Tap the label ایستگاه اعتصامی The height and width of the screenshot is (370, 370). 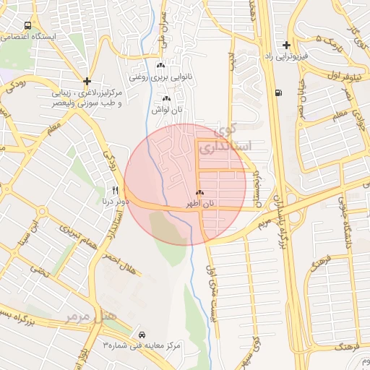point(28,36)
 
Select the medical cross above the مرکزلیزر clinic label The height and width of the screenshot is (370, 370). point(87,82)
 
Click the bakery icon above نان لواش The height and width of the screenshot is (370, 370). point(166,98)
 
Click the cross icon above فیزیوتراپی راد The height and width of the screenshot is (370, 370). point(287,45)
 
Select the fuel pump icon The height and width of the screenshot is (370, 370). point(278,92)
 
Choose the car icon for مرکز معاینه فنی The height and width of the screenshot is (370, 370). point(142,335)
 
